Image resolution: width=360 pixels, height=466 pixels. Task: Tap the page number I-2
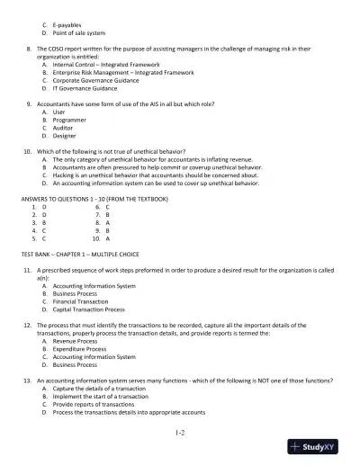(x=180, y=432)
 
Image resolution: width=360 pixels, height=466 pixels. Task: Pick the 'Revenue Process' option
(x=76, y=342)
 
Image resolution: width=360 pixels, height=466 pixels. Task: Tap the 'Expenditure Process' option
(x=79, y=350)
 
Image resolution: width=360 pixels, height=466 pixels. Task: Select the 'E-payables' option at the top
(x=68, y=22)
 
